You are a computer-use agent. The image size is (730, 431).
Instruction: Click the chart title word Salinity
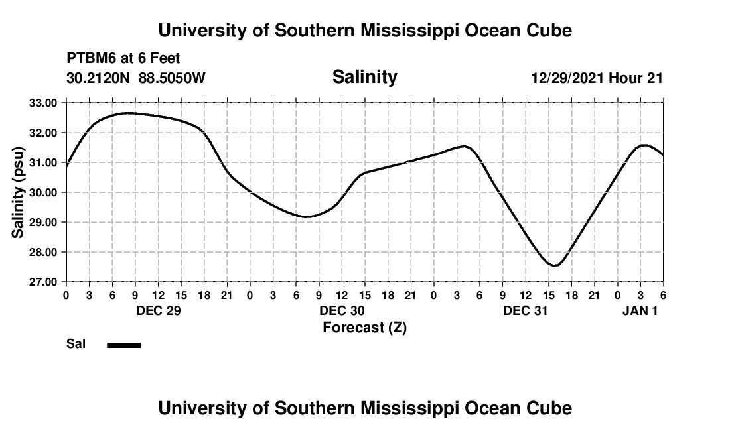(364, 77)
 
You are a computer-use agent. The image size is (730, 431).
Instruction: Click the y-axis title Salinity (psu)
(18, 192)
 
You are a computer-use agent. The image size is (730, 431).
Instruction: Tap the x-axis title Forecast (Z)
(364, 327)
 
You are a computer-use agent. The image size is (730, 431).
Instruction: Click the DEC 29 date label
(158, 310)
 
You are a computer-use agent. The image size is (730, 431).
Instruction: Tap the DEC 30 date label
(342, 310)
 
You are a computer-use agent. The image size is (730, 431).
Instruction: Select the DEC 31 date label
(526, 310)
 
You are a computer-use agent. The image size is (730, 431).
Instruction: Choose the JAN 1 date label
(640, 310)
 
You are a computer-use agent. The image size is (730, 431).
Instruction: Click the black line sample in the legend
(123, 345)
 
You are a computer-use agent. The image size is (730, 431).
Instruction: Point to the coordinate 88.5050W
(172, 78)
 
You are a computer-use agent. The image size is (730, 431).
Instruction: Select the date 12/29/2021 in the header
(567, 78)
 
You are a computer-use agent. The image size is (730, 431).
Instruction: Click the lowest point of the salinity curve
(555, 266)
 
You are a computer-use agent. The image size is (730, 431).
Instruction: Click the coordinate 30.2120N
(100, 78)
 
